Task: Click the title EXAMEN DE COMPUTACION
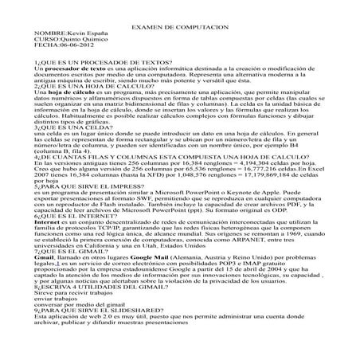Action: [179, 26]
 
